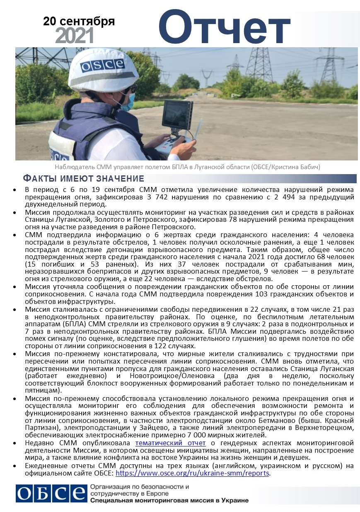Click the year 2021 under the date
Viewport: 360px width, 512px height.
coord(74,36)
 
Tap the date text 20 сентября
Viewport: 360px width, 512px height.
coord(79,21)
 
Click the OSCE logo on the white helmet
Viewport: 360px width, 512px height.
coord(102,65)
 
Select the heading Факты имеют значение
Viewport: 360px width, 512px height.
coord(83,179)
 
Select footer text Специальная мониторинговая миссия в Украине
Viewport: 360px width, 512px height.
coord(169,500)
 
